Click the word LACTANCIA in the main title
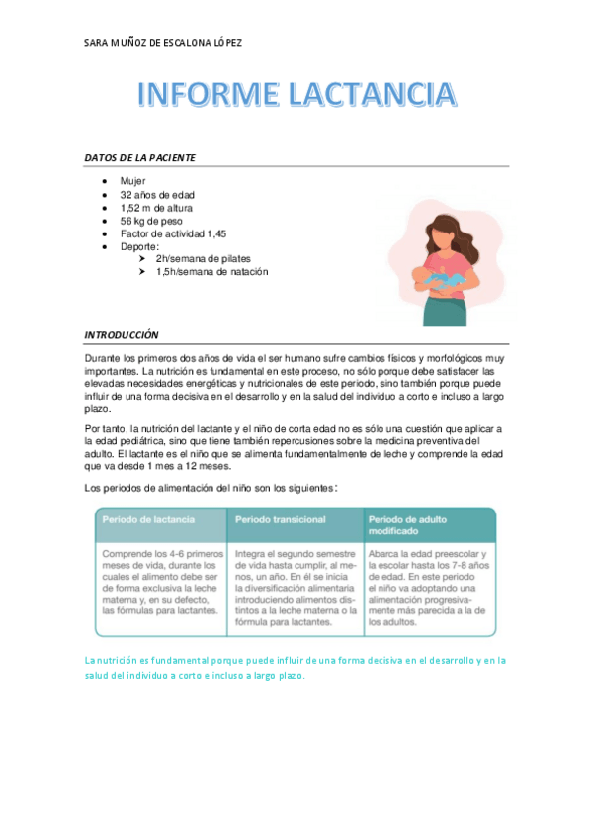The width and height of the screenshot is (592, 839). coord(372,95)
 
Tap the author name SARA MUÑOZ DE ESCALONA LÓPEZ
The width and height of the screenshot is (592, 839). coord(164,43)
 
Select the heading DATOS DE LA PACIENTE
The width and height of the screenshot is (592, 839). coord(139,158)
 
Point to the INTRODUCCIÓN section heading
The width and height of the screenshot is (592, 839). coord(122,335)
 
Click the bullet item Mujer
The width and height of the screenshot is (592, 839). coord(132,182)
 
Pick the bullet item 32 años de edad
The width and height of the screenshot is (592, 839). coord(157,195)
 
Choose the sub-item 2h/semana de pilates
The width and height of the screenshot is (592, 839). coord(203,258)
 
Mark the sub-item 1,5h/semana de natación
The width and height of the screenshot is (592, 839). coord(211,271)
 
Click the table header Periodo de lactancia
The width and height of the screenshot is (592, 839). coord(148,519)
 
